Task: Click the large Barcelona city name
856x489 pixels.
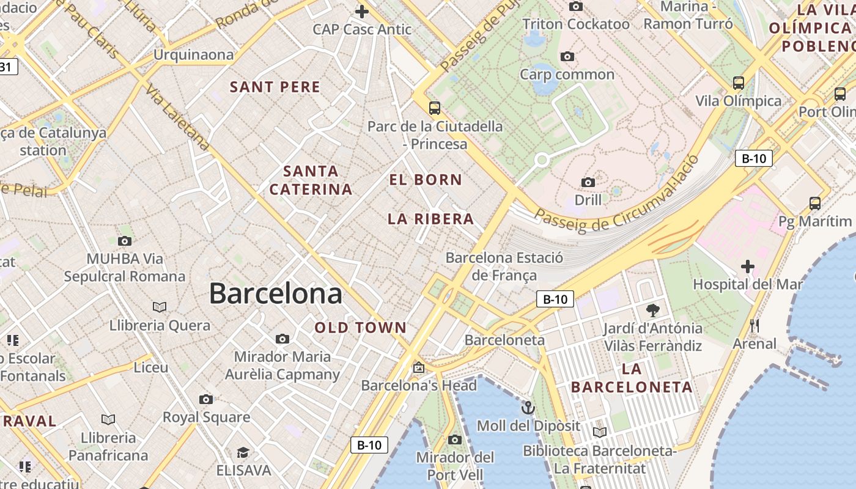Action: [275, 294]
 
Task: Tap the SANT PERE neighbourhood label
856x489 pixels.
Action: [275, 87]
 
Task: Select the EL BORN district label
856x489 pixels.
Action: [426, 180]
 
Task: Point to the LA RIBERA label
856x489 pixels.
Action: [431, 219]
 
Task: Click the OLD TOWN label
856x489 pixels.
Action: [361, 328]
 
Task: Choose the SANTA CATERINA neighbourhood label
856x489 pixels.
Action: [311, 180]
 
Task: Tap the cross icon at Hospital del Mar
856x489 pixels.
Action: [747, 267]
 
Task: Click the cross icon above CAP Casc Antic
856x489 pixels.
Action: [362, 12]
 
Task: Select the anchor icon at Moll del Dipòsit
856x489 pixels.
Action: [528, 408]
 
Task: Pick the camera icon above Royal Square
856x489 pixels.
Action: [206, 400]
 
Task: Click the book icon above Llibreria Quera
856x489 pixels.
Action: [160, 307]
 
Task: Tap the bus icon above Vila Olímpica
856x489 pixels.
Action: [739, 83]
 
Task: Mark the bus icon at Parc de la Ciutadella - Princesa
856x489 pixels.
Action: [435, 108]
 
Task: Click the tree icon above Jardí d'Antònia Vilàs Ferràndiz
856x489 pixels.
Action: [653, 310]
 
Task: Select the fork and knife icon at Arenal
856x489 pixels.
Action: [755, 326]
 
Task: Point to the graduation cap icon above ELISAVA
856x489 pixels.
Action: [243, 453]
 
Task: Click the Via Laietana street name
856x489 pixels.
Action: [178, 117]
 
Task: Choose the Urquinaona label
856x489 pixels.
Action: [193, 55]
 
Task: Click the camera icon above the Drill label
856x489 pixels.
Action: [588, 182]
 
